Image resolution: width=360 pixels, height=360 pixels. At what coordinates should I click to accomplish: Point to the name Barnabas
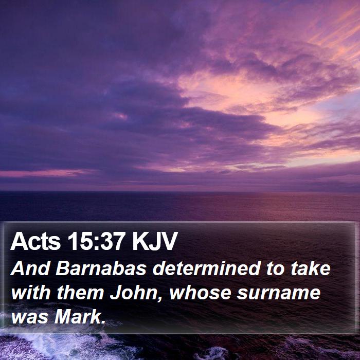[x=101, y=268]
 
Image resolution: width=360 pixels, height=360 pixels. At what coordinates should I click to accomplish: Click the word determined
[x=207, y=268]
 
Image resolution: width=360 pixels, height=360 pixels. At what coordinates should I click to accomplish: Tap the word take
[x=311, y=268]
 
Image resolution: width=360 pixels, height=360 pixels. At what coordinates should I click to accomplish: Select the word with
[x=31, y=293]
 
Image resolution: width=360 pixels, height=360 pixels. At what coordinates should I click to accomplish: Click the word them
[x=80, y=293]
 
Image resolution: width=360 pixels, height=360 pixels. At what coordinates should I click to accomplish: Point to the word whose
[x=200, y=293]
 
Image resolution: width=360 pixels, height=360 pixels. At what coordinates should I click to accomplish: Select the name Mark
[x=77, y=317]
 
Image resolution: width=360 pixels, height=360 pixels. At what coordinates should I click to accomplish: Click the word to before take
[x=276, y=268]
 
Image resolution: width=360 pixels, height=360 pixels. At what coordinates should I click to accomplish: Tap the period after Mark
[x=103, y=322]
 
